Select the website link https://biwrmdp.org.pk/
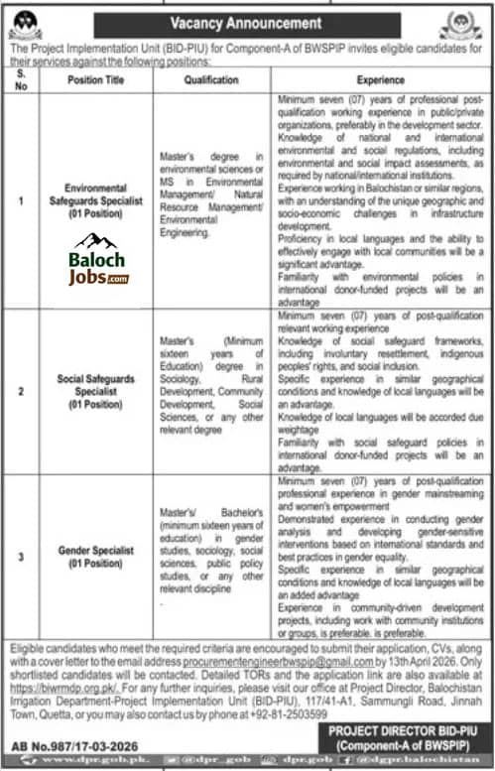pyautogui.click(x=49, y=689)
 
